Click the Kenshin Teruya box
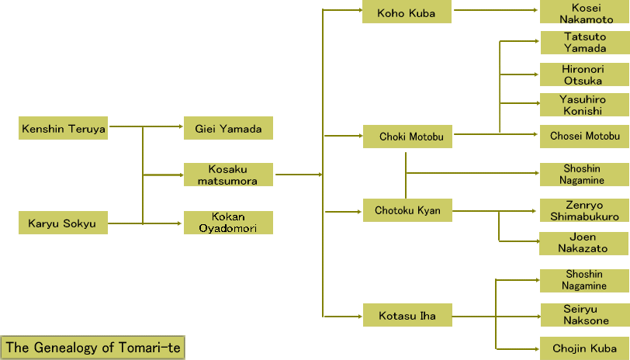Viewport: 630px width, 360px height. [64, 128]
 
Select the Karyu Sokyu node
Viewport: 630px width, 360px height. [64, 224]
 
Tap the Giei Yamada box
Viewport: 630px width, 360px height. [228, 129]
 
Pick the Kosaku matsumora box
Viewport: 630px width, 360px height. [228, 175]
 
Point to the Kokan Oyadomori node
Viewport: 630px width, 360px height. [228, 223]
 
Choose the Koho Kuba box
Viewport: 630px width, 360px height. [407, 13]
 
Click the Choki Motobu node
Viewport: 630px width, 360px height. [407, 137]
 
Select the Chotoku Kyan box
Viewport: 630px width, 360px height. [407, 210]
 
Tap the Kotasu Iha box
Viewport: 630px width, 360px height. [407, 316]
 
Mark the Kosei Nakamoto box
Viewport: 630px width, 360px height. [584, 13]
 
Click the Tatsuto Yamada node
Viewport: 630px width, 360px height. [584, 43]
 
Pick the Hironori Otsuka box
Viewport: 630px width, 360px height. [584, 74]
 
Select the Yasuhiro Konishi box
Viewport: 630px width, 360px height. [584, 106]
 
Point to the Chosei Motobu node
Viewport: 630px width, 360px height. [584, 136]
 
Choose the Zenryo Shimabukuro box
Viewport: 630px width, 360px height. [584, 211]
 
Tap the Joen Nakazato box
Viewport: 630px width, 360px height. [584, 243]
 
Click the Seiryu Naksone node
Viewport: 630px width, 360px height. [584, 315]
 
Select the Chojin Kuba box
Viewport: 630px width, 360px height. [584, 348]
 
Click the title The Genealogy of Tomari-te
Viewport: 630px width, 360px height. [93, 348]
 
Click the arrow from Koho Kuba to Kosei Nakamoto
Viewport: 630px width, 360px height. [497, 11]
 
